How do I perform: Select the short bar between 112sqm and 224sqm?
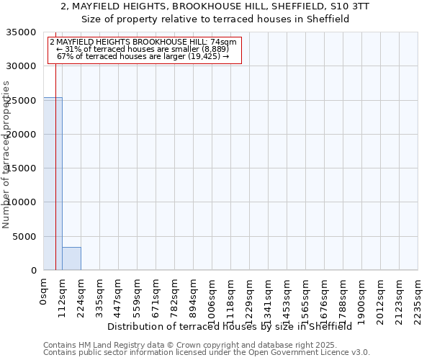pos(71,258)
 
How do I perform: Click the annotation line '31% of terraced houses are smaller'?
pos(142,49)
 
